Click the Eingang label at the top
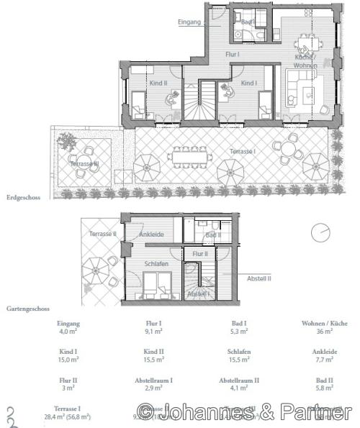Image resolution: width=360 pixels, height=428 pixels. (189, 22)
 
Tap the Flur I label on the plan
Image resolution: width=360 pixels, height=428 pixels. (232, 54)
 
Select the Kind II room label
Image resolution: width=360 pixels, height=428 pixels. (158, 83)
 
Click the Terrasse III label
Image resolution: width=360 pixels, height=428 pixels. (84, 165)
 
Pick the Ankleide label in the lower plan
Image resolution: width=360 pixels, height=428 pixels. (152, 234)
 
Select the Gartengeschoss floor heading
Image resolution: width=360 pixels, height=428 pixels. (28, 307)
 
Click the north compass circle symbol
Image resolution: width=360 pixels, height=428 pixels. (322, 234)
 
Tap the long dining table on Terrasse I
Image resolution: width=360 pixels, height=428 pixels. (189, 155)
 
